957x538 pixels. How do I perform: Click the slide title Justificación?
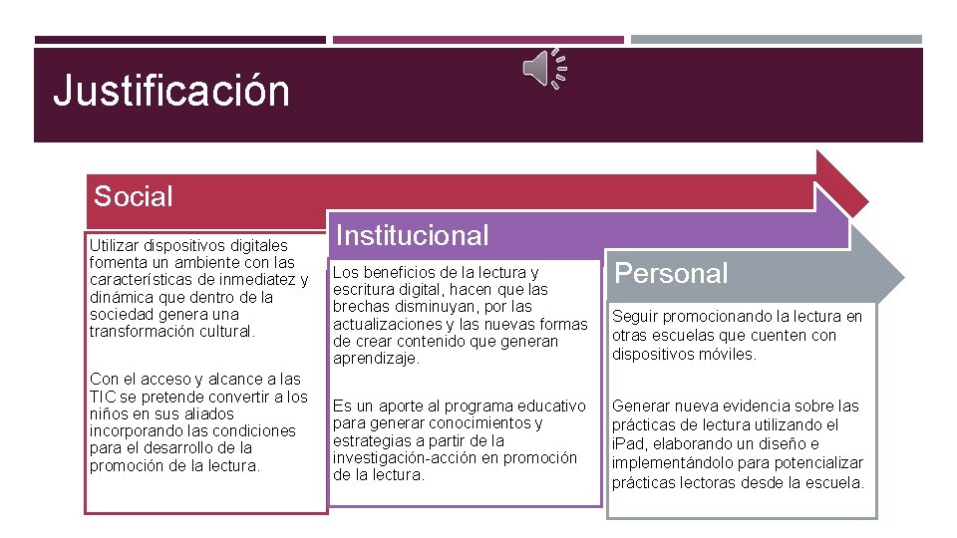[x=170, y=91]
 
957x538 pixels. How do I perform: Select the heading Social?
[x=133, y=196]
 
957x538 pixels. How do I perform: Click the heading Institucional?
[x=413, y=235]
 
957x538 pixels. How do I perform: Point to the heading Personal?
[x=672, y=273]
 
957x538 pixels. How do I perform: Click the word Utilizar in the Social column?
[x=114, y=245]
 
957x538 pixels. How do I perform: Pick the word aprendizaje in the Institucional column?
[x=376, y=358]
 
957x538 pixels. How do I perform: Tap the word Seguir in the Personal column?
[x=635, y=317]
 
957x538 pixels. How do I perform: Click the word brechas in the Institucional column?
[x=362, y=307]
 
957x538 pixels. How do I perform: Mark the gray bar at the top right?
[x=777, y=40]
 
